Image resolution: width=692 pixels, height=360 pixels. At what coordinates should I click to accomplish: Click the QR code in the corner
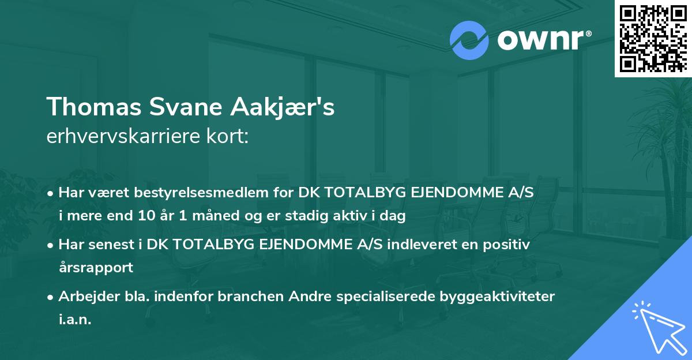pos(653,38)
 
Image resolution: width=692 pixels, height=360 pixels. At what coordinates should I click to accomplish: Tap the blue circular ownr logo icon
pos(470,40)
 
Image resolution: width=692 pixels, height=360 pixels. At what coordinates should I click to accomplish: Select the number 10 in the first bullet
pos(142,216)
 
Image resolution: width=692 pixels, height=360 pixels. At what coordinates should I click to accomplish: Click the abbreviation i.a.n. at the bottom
pos(75,320)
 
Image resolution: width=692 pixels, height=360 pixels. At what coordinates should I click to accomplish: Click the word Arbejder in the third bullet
pos(85,297)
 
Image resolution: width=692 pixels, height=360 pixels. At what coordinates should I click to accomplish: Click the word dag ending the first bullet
pos(394,216)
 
